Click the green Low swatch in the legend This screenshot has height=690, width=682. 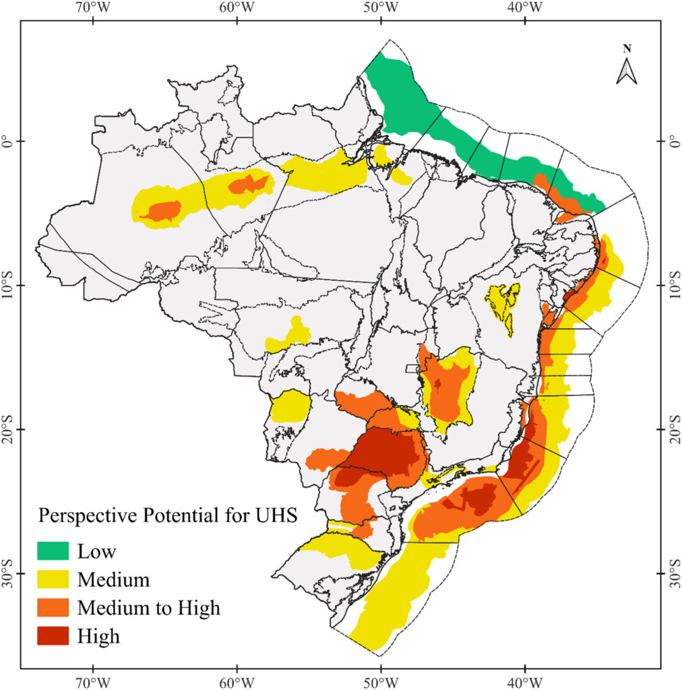pyautogui.click(x=53, y=551)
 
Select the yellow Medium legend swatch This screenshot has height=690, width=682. pyautogui.click(x=53, y=579)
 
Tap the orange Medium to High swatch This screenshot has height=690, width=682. pyautogui.click(x=53, y=607)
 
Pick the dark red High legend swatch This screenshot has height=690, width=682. pyautogui.click(x=53, y=635)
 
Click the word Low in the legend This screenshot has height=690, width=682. pyautogui.click(x=96, y=551)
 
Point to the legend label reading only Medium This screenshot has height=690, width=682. pyautogui.click(x=113, y=579)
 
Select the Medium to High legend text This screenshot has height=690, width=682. pyautogui.click(x=148, y=608)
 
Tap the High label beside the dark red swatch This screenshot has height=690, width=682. pyautogui.click(x=98, y=636)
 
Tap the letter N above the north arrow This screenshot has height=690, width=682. pyautogui.click(x=627, y=49)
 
